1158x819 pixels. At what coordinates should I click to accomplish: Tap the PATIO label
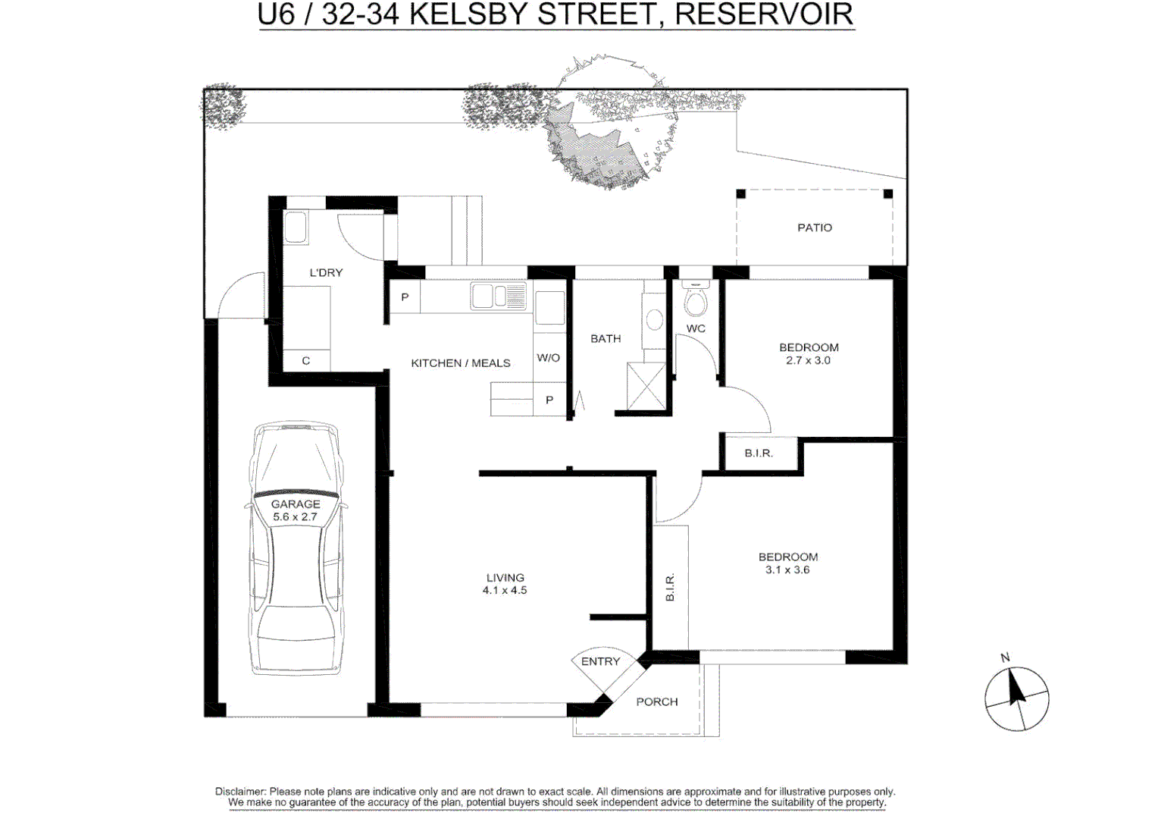[814, 227]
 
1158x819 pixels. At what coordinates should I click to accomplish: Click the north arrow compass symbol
[1016, 698]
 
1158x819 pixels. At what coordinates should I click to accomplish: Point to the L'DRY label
[326, 272]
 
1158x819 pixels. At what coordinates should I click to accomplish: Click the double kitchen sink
[499, 296]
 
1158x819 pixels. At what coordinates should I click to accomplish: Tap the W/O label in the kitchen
[548, 358]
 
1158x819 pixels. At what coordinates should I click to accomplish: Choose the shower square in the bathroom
[646, 387]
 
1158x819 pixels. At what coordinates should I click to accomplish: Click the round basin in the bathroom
[655, 320]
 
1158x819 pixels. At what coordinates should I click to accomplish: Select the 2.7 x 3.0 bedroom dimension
[808, 361]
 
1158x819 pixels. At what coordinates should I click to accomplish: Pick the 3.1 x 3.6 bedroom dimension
[787, 570]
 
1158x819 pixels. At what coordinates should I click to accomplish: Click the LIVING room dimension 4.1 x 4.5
[505, 590]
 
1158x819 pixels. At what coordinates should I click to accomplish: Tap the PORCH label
[656, 702]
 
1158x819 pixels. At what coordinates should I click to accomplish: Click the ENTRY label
[600, 662]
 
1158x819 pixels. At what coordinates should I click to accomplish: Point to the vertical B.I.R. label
[670, 588]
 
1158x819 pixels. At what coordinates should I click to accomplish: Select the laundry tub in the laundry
[296, 227]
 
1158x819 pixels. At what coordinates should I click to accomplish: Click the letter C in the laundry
[305, 361]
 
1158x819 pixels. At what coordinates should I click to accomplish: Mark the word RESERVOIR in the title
[764, 14]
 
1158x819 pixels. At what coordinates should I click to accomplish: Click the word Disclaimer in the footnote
[240, 792]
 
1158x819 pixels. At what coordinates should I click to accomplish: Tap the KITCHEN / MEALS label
[460, 363]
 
